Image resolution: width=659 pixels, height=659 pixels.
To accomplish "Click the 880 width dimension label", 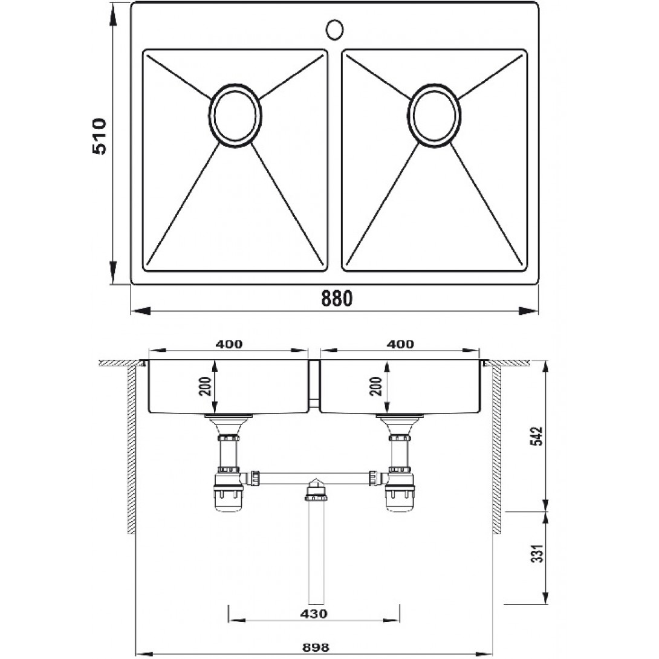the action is [x=336, y=299].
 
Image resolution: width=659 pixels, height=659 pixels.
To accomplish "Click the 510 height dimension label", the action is [x=99, y=136].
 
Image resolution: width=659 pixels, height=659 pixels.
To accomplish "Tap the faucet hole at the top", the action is [x=335, y=30].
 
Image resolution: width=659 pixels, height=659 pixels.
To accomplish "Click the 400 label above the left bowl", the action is [x=229, y=344].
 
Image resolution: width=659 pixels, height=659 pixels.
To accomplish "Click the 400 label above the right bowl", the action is [x=400, y=344].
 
